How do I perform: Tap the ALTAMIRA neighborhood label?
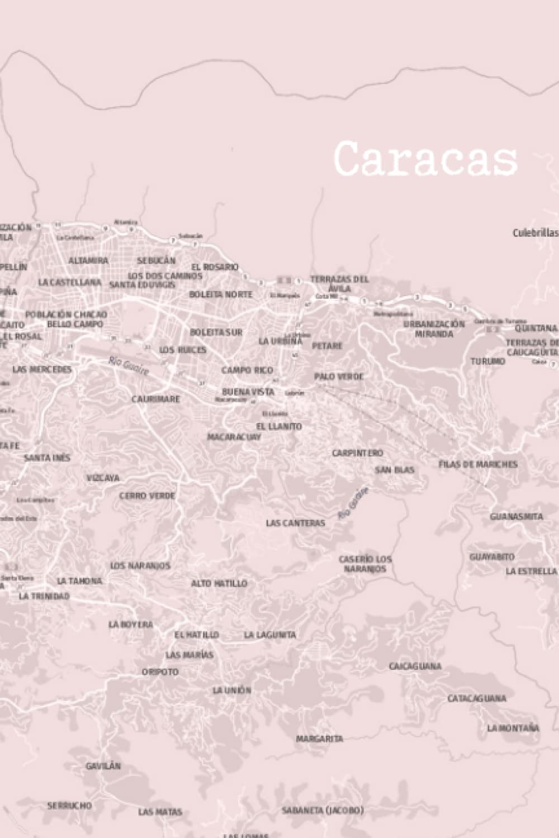[88, 260]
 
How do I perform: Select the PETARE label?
[327, 346]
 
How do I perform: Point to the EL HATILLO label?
[196, 635]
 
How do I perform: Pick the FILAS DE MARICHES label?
[478, 464]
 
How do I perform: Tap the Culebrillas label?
[535, 232]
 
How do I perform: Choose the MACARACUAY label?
[234, 437]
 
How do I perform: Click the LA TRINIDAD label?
[44, 596]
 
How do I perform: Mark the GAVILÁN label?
[103, 765]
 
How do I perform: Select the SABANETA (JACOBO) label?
[323, 810]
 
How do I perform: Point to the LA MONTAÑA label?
[513, 728]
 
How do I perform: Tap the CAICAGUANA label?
[415, 666]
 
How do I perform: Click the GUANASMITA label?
[517, 516]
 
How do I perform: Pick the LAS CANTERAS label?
[295, 523]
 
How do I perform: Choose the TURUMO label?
[487, 361]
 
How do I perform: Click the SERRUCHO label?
[69, 806]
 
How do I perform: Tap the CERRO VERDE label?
[147, 496]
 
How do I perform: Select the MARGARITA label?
[319, 739]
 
